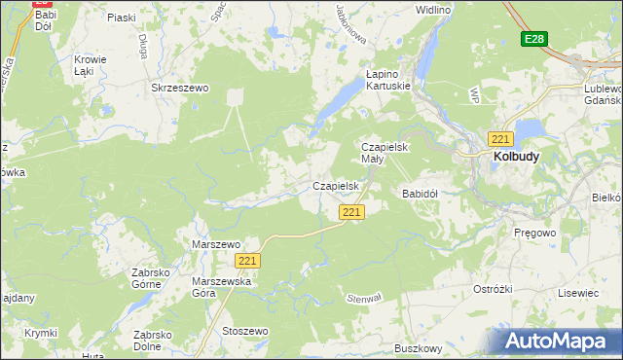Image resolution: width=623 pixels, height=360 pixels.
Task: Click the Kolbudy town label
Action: click(x=516, y=155)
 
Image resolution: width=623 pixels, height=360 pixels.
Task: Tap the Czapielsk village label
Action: click(x=337, y=185)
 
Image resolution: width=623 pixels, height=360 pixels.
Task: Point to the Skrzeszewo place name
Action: click(x=180, y=88)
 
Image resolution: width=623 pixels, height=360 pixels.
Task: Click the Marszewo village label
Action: click(x=216, y=244)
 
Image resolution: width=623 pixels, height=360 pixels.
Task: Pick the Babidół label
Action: click(x=421, y=194)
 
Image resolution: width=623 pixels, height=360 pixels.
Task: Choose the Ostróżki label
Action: click(x=493, y=290)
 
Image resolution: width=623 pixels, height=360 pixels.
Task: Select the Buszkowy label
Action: click(x=419, y=347)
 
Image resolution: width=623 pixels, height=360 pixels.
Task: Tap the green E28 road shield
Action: click(x=533, y=39)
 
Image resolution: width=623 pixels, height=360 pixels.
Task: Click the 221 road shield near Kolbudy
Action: click(x=501, y=138)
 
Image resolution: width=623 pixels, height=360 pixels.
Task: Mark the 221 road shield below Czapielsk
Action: click(x=351, y=212)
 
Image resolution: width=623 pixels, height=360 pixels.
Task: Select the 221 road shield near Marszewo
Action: click(x=247, y=261)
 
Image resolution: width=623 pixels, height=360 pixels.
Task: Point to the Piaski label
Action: click(x=122, y=18)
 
